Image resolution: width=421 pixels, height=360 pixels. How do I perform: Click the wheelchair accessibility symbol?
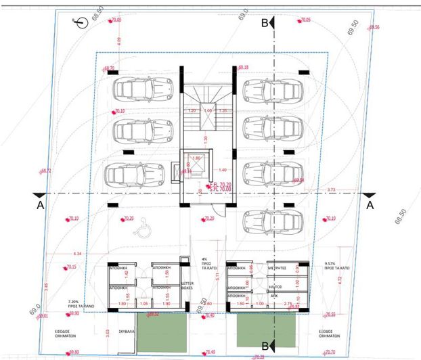143,230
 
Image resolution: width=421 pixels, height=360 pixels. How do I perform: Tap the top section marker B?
265,22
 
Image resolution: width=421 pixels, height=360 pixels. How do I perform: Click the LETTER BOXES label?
187,285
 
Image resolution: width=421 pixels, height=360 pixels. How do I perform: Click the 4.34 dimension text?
77,253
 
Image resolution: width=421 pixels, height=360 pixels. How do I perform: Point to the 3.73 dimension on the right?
331,190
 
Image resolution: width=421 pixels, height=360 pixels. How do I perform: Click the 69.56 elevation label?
373,28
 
